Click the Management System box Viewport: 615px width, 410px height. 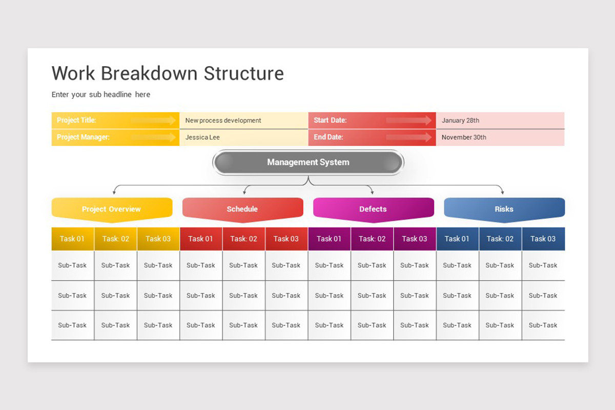308,162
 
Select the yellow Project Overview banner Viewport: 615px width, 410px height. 112,209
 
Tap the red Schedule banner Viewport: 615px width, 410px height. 242,209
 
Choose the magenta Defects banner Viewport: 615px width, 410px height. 373,209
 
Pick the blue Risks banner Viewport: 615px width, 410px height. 504,209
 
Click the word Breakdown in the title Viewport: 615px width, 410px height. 150,73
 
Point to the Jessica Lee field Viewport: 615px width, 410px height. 202,137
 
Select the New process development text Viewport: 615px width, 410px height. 223,120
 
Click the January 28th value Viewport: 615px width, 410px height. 460,120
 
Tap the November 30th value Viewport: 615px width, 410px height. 464,137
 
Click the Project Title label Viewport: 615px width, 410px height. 76,120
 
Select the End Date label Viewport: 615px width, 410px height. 328,137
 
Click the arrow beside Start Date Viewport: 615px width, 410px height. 409,120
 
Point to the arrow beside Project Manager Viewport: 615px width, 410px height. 153,137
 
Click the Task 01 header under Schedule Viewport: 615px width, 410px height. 200,239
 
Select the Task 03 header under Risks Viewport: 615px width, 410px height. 543,239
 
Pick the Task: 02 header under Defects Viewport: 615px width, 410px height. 372,239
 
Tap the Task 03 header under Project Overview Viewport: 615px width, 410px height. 158,239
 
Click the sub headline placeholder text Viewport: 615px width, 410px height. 101,94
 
